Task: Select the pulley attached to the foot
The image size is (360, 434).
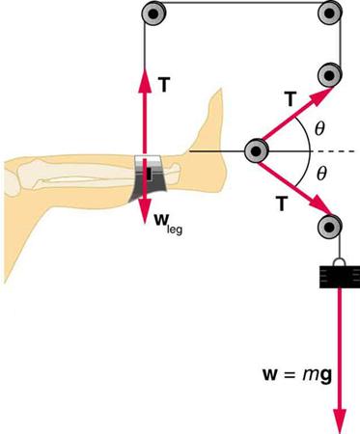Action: pos(256,151)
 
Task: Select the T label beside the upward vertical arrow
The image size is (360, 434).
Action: pos(165,84)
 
